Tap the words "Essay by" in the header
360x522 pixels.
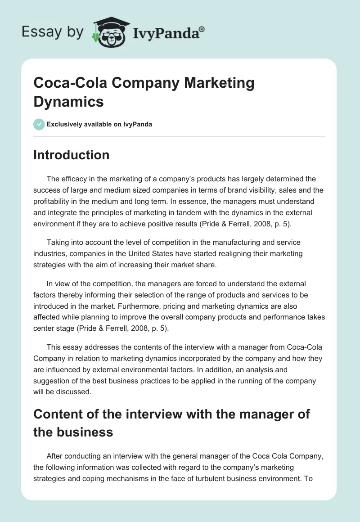[53, 31]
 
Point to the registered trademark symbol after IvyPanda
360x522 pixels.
[202, 29]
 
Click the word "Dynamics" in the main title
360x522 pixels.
[69, 101]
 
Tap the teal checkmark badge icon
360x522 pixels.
[39, 124]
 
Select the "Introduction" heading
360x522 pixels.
[72, 155]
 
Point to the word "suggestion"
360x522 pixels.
[54, 381]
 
